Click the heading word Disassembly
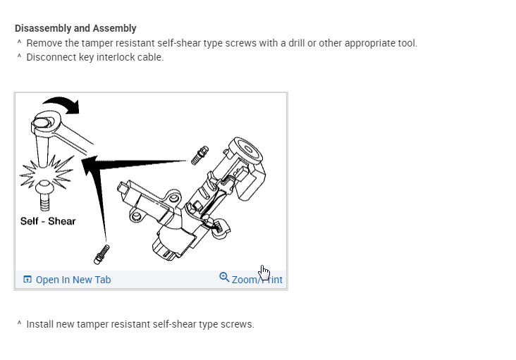[42, 29]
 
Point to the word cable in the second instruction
[149, 57]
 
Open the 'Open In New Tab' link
[73, 280]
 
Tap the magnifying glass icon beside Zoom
[224, 278]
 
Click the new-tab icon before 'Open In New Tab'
[27, 280]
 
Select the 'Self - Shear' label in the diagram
[48, 221]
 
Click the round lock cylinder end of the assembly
[250, 150]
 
